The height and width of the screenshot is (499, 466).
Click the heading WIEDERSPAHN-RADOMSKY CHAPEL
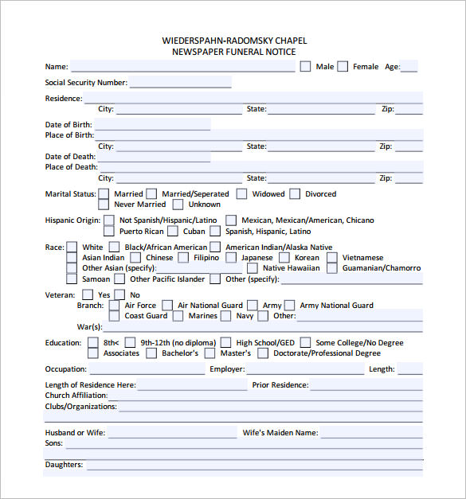click(x=233, y=41)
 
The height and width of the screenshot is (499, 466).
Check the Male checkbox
click(x=305, y=67)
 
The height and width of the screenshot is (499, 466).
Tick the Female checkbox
click(x=343, y=67)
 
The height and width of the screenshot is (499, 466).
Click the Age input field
click(x=409, y=67)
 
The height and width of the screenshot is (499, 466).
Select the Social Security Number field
click(x=180, y=82)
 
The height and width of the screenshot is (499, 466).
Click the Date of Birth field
click(x=152, y=125)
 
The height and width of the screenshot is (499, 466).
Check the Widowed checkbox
click(x=242, y=193)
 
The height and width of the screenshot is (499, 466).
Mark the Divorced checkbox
click(x=295, y=193)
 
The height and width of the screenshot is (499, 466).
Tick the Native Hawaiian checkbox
click(x=253, y=268)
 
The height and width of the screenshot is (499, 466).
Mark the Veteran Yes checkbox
click(x=88, y=295)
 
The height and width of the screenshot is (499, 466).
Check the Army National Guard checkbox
click(x=290, y=306)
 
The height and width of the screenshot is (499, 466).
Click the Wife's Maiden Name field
click(x=371, y=434)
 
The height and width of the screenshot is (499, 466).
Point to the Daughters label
click(x=64, y=465)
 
